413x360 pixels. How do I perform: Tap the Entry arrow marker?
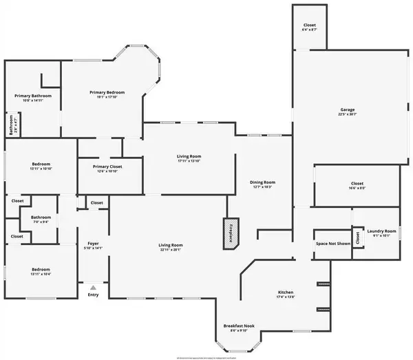[x=93, y=288]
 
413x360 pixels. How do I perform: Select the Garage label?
[x=347, y=110]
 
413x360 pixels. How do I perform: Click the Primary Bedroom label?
[x=107, y=92]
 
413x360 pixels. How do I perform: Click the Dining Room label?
[x=262, y=182]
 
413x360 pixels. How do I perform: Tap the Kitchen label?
[x=286, y=292]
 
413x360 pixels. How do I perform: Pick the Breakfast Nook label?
[x=239, y=326]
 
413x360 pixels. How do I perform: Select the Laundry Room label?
[x=381, y=231]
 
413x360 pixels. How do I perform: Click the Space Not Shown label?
[x=333, y=244]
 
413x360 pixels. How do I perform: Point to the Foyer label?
[x=93, y=243]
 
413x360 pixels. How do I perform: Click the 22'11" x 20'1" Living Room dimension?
[x=171, y=250]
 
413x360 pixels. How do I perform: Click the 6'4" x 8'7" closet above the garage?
[x=310, y=30]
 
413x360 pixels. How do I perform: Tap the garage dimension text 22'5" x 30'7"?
[x=347, y=115]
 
